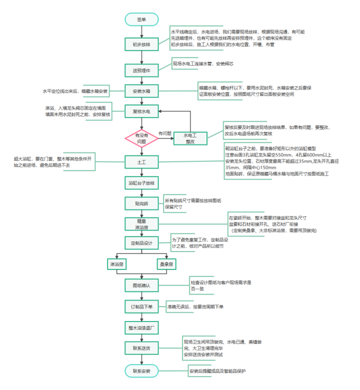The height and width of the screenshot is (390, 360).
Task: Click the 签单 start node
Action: [141, 19]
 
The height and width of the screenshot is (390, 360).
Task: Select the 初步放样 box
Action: [141, 44]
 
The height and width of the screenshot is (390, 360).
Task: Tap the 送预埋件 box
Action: [141, 70]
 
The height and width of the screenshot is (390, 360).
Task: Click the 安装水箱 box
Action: [141, 91]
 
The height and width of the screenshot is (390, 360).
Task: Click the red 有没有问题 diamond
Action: [141, 138]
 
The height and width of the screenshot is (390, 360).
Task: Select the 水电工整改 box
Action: [190, 138]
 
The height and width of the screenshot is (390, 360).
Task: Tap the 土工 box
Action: [141, 163]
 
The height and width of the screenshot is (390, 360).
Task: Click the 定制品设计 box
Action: [141, 243]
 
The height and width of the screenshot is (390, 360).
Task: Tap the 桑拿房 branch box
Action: [166, 264]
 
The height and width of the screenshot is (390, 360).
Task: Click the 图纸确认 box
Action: [141, 285]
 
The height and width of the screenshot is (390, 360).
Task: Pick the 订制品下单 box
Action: [141, 306]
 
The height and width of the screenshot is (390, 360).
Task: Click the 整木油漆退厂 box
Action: [141, 327]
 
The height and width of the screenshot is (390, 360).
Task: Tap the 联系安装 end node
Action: [141, 371]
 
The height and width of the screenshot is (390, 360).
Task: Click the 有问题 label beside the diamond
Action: [165, 133]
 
